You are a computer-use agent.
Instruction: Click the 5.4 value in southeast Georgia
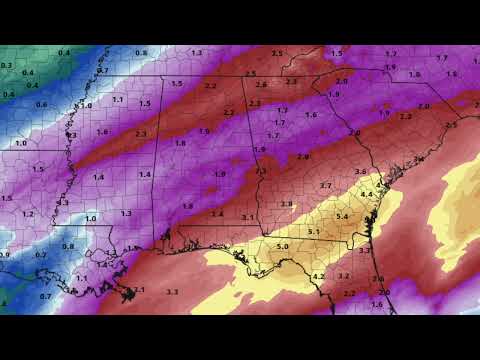tap(341, 217)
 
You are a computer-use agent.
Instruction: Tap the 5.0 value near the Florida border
tap(282, 245)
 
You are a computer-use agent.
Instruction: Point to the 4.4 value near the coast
tap(366, 194)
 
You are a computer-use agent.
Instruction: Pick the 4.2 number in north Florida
tap(319, 276)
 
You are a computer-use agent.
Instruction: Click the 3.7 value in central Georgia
tap(325, 186)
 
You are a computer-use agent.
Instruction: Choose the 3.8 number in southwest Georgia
tap(286, 204)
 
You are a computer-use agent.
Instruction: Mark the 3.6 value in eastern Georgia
tap(360, 172)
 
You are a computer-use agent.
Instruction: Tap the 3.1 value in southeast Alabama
tap(246, 217)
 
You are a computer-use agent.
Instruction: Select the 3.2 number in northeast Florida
tap(344, 275)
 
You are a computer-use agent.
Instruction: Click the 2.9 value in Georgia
tap(303, 157)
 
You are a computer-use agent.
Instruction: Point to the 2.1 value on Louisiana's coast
tap(139, 290)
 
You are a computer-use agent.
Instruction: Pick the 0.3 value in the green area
tap(7, 65)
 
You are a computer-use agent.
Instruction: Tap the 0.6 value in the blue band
tap(41, 104)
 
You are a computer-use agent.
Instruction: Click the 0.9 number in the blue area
tap(5, 255)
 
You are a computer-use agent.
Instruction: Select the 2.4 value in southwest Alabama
tap(217, 214)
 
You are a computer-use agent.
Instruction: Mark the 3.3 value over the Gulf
tap(172, 292)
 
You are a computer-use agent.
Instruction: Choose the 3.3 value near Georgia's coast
tap(364, 250)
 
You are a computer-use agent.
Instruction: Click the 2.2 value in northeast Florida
tap(349, 293)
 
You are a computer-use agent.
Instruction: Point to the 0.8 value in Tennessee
tap(141, 52)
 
